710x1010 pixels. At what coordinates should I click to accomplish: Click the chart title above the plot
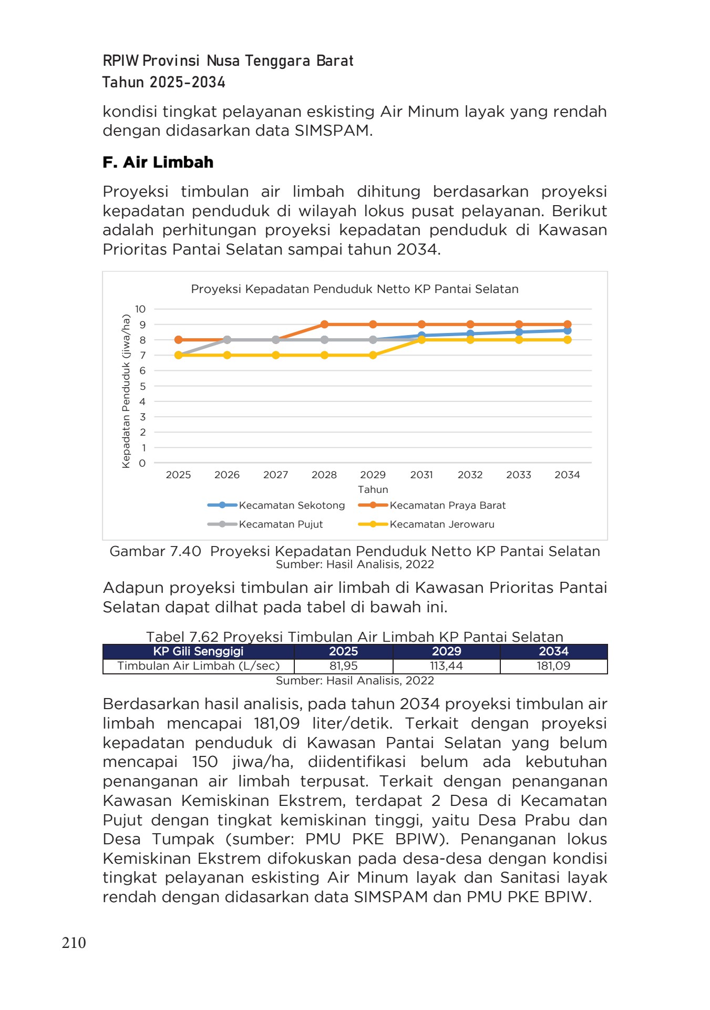click(355, 289)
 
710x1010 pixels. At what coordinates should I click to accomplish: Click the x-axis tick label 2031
click(421, 474)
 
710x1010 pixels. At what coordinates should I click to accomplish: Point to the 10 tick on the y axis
click(140, 309)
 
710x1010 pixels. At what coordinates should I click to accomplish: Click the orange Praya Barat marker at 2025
click(179, 340)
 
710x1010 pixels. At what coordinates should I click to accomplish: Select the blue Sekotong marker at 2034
click(567, 330)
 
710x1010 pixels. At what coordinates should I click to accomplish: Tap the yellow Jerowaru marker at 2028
click(324, 355)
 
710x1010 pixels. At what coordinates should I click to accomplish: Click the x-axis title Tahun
click(373, 489)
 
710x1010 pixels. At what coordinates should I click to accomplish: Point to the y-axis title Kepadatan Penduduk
click(126, 391)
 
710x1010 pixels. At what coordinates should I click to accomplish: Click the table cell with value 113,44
click(446, 666)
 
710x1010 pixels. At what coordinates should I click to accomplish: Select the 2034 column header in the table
click(553, 651)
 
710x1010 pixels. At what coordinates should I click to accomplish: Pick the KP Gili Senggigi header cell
click(198, 651)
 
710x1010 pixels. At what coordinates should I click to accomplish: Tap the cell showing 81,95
click(343, 666)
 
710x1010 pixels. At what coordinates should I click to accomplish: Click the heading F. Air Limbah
click(158, 162)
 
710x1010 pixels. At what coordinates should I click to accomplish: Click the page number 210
click(74, 943)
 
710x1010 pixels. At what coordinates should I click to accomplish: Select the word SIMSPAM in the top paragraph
click(332, 130)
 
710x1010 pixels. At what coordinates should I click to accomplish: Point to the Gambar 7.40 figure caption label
click(155, 551)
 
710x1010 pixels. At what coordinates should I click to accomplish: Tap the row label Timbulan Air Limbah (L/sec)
click(198, 666)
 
